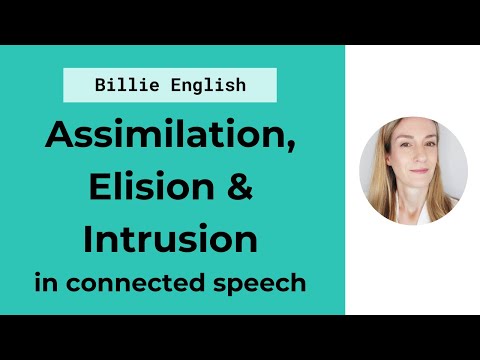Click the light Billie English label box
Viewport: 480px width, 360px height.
[169, 85]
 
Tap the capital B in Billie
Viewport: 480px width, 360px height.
[100, 85]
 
